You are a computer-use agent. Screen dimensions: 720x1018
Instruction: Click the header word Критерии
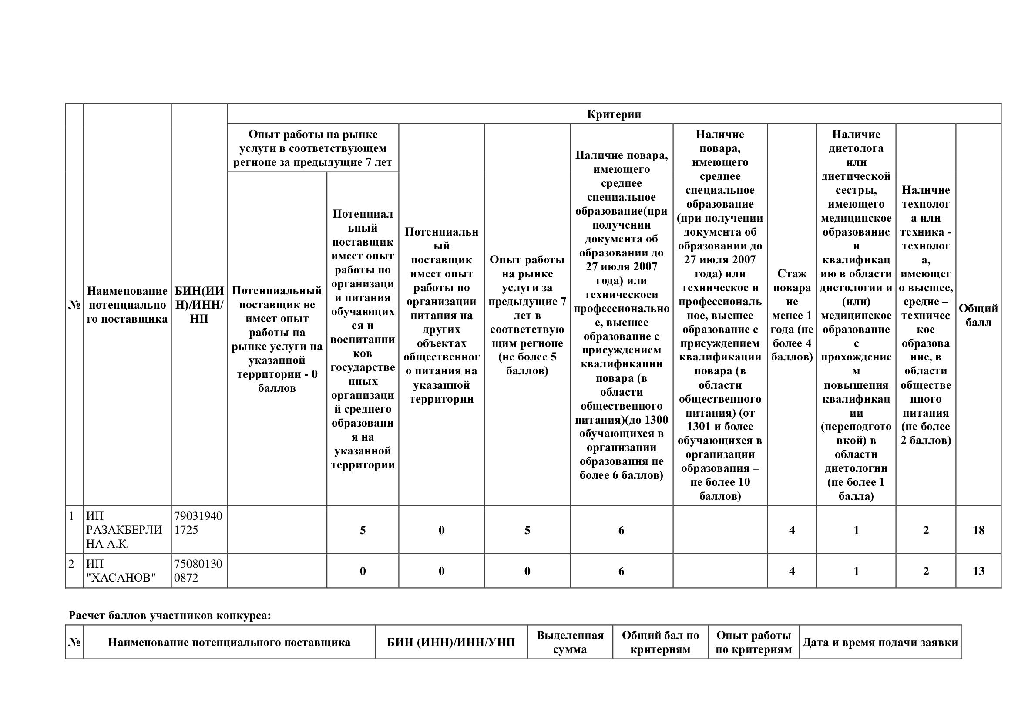coord(614,114)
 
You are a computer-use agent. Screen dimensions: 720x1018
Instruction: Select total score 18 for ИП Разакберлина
coord(978,530)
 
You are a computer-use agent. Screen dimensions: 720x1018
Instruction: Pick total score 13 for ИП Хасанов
coord(978,571)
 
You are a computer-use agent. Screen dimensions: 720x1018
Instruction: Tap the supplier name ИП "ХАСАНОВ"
coord(121,571)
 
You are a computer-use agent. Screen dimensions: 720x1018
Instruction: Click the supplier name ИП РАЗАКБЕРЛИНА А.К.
coord(124,530)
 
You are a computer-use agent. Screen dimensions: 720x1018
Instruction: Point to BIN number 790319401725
coord(198,523)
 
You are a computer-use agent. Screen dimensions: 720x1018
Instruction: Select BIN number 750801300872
coord(198,571)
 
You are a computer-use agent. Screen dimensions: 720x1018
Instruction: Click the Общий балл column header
coord(978,315)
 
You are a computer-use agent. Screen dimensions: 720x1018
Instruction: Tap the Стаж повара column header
coord(792,315)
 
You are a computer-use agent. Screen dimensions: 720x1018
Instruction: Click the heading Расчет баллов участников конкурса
coord(169,616)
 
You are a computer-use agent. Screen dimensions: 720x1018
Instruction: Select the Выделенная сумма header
coord(570,643)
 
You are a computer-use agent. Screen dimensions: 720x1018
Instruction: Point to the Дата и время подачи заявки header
coord(880,643)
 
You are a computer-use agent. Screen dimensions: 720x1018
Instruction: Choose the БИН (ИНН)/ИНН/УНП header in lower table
coord(451,643)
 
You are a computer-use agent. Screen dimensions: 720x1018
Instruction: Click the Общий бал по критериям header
coord(660,643)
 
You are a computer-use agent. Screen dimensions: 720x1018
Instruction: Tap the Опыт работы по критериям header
coord(753,643)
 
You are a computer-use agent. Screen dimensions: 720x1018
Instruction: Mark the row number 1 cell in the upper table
coord(72,517)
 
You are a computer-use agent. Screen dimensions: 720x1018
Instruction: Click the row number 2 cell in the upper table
coord(72,564)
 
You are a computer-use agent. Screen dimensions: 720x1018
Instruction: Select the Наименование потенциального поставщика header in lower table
coord(229,643)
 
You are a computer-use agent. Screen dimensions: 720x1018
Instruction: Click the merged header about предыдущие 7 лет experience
coord(312,148)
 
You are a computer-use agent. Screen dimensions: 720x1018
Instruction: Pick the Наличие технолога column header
coord(926,315)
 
